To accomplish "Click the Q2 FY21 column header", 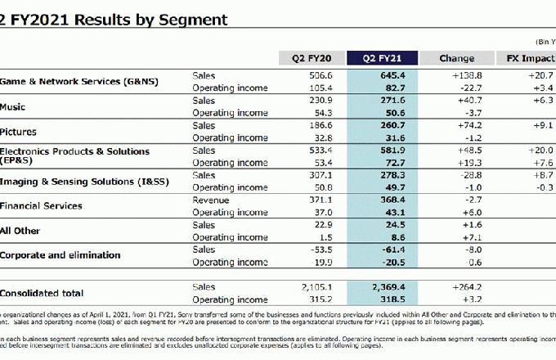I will (x=383, y=58).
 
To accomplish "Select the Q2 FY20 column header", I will (x=310, y=58).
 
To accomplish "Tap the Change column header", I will (x=456, y=58).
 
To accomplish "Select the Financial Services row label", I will (x=41, y=205).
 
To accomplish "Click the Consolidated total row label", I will (x=43, y=293).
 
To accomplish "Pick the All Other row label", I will (x=20, y=231).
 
